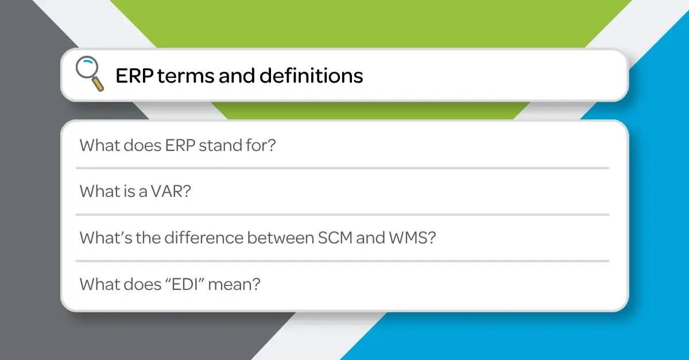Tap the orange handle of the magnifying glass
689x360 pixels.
tap(98, 84)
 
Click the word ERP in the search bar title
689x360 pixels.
tap(133, 76)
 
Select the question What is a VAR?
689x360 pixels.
tap(135, 191)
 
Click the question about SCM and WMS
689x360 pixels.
tap(258, 237)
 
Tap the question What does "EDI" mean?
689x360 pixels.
tap(170, 284)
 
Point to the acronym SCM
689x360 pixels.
tap(335, 237)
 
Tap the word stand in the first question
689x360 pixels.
tap(221, 145)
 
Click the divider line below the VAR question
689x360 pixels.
tap(342, 215)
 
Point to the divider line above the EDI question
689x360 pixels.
tap(342, 261)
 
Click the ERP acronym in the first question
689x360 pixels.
tap(179, 145)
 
